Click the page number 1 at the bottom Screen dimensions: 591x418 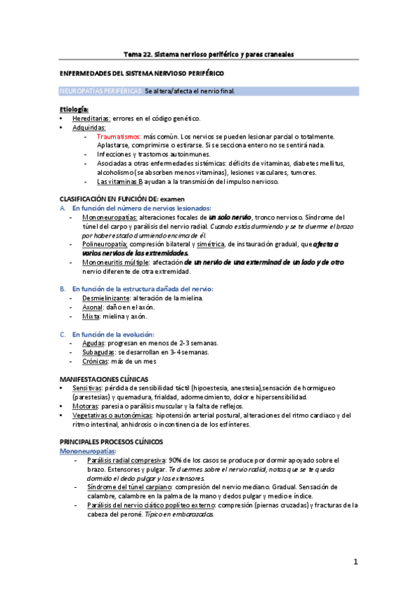(x=355, y=562)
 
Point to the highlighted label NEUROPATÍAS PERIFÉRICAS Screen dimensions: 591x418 (x=101, y=91)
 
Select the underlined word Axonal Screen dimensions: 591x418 (x=95, y=307)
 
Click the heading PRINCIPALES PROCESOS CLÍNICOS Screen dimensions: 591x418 (x=111, y=441)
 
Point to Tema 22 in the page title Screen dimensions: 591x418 (x=137, y=54)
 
